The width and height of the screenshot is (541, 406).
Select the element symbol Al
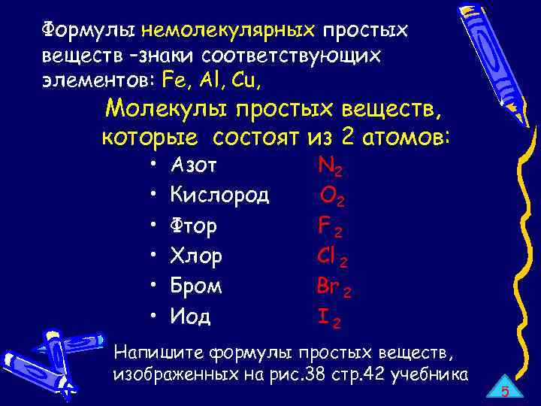click(207, 79)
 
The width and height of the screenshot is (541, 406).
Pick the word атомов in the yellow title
click(403, 138)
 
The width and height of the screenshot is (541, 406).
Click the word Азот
click(195, 165)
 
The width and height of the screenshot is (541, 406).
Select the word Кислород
click(219, 195)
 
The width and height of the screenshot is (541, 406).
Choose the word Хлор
click(196, 256)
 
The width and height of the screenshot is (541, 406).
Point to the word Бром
click(196, 286)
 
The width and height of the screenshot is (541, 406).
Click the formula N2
click(331, 166)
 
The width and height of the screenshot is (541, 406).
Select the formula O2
click(332, 197)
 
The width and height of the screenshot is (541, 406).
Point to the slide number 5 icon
click(505, 390)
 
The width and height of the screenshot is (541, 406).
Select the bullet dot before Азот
click(153, 165)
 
